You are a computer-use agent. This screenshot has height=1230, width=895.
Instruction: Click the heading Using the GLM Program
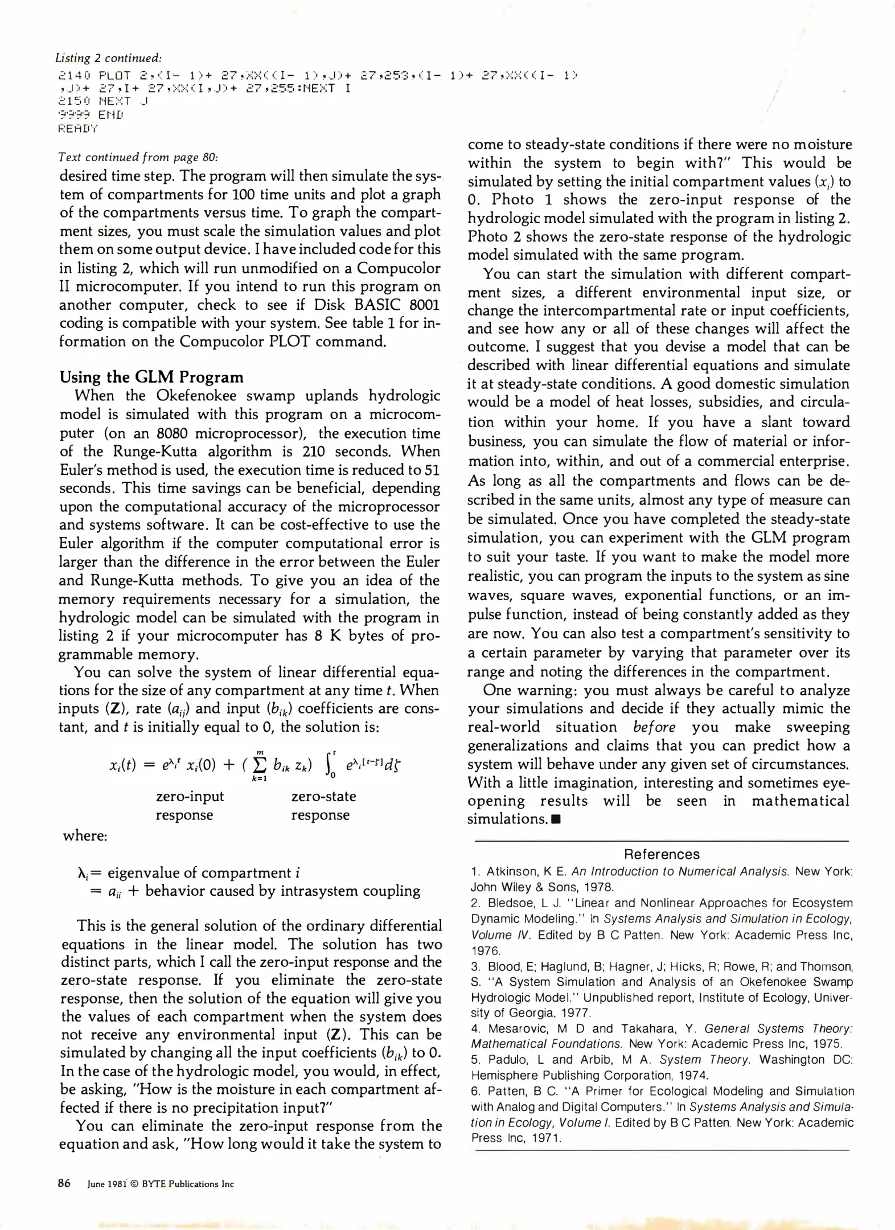[x=151, y=377]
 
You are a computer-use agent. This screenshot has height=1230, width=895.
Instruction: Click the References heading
[x=662, y=854]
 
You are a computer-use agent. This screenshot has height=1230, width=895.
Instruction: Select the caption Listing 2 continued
[x=109, y=58]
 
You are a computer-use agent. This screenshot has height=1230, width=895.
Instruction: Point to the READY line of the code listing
[x=78, y=129]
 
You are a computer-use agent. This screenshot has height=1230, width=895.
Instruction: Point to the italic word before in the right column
[x=654, y=727]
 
